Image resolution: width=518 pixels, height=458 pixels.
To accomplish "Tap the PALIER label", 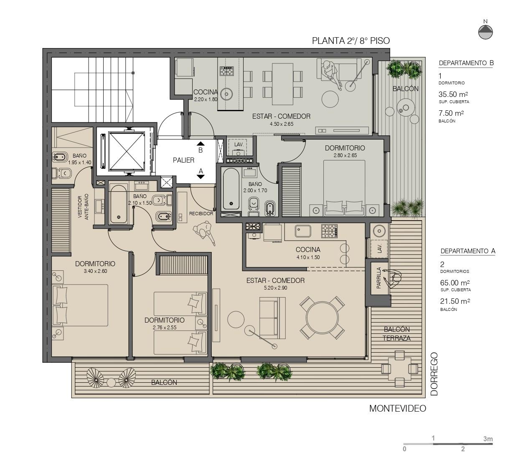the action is pyautogui.click(x=183, y=160).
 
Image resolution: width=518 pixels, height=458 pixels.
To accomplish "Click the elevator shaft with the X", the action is pyautogui.click(x=126, y=151).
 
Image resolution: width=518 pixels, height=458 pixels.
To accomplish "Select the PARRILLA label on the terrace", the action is pyautogui.click(x=378, y=278).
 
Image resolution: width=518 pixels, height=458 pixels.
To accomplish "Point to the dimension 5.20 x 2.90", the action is pyautogui.click(x=275, y=288).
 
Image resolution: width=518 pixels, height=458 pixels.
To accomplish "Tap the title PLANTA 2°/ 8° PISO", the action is pyautogui.click(x=351, y=41).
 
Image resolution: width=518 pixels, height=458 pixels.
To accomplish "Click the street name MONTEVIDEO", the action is pyautogui.click(x=398, y=408).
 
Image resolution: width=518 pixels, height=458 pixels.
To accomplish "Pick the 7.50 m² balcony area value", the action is pyautogui.click(x=451, y=113).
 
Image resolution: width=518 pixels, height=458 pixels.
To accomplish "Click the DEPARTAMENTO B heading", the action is pyautogui.click(x=466, y=63).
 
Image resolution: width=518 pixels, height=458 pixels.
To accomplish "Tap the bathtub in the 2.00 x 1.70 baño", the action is pyautogui.click(x=231, y=189).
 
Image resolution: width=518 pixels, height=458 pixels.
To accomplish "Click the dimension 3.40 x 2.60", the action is pyautogui.click(x=95, y=271).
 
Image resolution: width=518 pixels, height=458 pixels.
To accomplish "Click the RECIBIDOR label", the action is pyautogui.click(x=201, y=214).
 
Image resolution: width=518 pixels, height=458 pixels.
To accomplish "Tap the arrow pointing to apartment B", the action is pyautogui.click(x=201, y=144).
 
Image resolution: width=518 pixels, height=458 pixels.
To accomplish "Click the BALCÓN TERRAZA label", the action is pyautogui.click(x=396, y=334).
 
